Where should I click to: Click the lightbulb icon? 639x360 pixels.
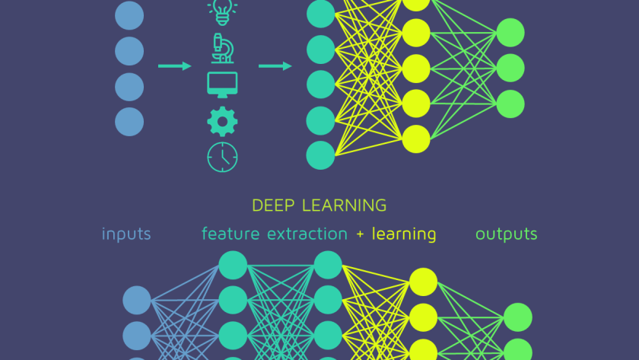(x=222, y=11)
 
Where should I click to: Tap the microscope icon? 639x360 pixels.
(x=222, y=48)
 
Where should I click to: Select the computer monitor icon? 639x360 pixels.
(x=222, y=84)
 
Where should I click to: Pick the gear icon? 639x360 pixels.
(x=222, y=122)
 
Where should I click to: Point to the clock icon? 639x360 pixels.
(x=222, y=157)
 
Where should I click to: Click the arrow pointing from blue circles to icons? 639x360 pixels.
(x=175, y=66)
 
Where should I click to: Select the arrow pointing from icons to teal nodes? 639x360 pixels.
(x=275, y=66)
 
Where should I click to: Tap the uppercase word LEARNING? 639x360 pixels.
(x=345, y=205)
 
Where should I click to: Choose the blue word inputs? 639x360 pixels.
(x=126, y=234)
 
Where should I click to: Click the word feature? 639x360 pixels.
(x=230, y=234)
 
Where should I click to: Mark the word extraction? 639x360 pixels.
(x=307, y=234)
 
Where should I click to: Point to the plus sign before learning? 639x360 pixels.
(x=360, y=234)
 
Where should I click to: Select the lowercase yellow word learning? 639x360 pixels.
(x=404, y=234)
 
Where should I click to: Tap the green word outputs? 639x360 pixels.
(x=507, y=234)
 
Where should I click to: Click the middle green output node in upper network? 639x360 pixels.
(x=510, y=68)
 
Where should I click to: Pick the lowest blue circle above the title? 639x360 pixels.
(x=129, y=122)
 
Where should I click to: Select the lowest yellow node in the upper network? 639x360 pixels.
(x=416, y=139)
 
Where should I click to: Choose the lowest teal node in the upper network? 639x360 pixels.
(x=320, y=155)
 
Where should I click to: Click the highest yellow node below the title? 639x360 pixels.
(x=424, y=282)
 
